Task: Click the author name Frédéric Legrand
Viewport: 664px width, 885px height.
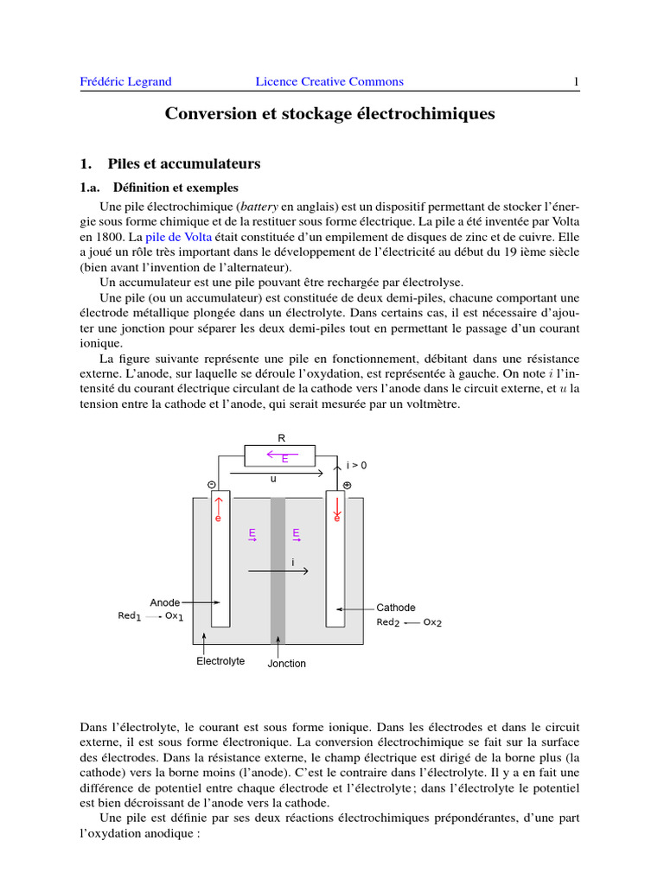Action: pos(125,82)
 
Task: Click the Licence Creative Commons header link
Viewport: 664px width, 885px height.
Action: pos(329,82)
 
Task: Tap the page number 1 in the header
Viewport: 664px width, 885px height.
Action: pos(576,82)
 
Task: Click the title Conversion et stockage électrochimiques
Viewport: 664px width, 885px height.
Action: pos(330,114)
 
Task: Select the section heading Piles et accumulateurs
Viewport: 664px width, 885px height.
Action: pos(183,163)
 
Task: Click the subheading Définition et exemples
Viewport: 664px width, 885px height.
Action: pos(176,188)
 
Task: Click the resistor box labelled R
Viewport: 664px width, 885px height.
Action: pos(282,455)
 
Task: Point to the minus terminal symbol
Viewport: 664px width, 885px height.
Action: pos(212,486)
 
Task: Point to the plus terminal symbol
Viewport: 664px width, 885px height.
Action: pos(347,485)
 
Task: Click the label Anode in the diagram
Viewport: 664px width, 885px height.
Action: pos(165,602)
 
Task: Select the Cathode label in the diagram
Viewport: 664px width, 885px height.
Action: pos(396,608)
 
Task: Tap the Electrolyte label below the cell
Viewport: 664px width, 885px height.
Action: pos(220,661)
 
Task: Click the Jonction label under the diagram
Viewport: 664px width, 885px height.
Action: pos(287,664)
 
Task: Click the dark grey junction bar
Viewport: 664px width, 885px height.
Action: pos(278,570)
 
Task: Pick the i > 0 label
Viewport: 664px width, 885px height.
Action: pos(356,465)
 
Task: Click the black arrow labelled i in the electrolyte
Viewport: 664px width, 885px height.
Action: pos(278,571)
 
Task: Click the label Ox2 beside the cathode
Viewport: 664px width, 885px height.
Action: pos(432,622)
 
